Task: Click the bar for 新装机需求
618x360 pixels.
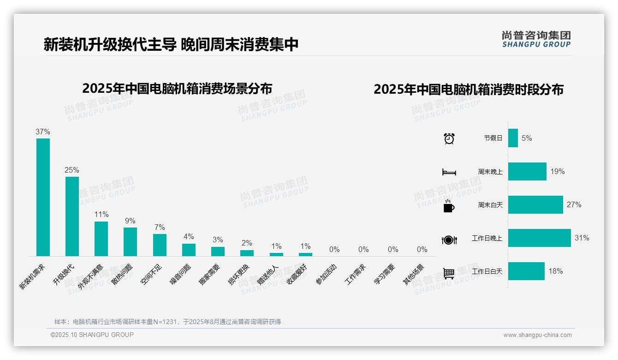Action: point(43,197)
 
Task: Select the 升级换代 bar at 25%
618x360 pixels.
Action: point(72,216)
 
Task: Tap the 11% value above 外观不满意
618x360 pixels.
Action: point(101,215)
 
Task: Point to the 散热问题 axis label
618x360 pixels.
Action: point(122,274)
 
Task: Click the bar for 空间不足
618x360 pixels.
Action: point(160,245)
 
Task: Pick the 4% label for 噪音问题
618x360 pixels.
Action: point(189,237)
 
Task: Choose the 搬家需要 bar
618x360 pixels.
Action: point(218,251)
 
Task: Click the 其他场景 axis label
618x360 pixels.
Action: point(414,274)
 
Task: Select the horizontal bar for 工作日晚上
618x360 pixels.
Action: point(539,238)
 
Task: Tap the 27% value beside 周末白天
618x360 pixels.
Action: point(574,205)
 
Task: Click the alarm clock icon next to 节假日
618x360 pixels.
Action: point(449,138)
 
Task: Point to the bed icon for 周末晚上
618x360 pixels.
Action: point(449,172)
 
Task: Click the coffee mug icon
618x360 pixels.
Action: point(449,206)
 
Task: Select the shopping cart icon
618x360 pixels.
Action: point(449,273)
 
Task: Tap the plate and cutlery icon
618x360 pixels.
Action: point(449,240)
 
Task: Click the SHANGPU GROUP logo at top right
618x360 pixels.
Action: point(536,39)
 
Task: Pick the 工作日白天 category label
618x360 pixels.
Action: point(487,271)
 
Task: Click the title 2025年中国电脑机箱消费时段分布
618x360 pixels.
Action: point(469,90)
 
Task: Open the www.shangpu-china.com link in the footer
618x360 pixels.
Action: point(537,335)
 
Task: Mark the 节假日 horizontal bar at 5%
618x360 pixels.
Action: point(513,138)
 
